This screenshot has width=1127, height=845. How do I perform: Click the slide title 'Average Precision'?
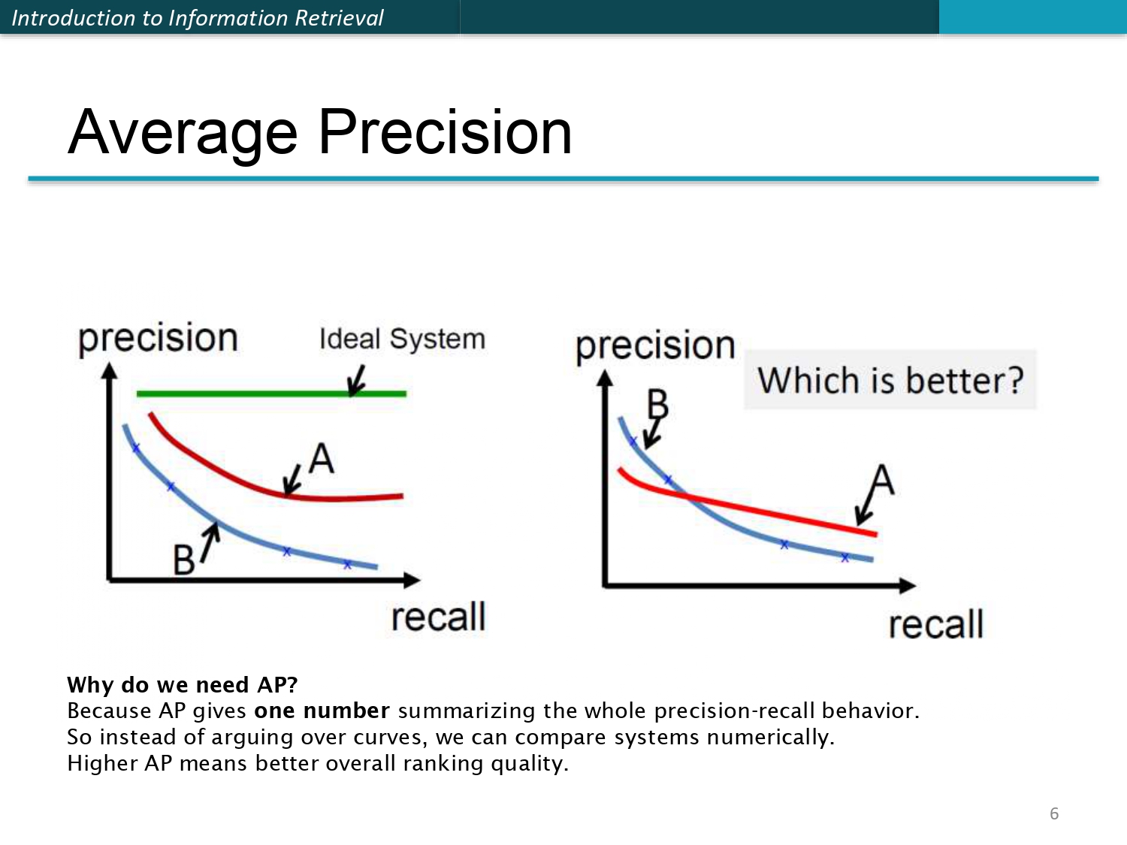click(319, 133)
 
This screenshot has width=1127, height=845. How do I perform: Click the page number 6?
click(1054, 813)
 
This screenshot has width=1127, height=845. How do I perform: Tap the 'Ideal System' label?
click(402, 339)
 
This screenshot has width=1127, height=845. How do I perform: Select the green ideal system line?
click(271, 394)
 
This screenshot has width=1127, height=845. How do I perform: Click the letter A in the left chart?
click(322, 458)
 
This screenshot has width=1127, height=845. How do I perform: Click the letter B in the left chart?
click(183, 560)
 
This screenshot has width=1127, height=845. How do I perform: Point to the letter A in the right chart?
click(882, 480)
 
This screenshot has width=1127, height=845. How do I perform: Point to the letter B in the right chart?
click(657, 404)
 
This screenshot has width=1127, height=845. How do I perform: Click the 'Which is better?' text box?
click(890, 380)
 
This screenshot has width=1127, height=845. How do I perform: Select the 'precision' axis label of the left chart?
click(158, 338)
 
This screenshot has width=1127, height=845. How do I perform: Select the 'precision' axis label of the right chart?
click(655, 346)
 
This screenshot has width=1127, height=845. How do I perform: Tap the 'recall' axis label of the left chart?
click(438, 617)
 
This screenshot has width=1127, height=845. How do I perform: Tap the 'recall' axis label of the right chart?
click(935, 624)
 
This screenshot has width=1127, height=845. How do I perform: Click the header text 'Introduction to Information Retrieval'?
click(197, 18)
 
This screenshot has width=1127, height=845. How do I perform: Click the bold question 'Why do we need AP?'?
click(183, 685)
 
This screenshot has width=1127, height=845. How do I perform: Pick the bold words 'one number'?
click(322, 711)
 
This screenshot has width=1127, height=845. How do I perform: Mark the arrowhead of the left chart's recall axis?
click(412, 581)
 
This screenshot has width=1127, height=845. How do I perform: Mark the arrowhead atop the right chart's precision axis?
click(605, 379)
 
